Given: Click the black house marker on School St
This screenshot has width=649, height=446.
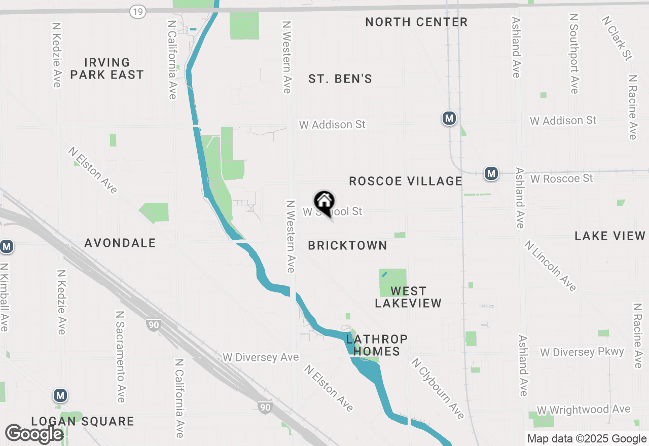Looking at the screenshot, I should (x=324, y=203).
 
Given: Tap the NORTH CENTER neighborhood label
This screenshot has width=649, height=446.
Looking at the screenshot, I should (x=416, y=22).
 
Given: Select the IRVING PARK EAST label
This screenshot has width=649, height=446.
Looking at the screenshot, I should (x=107, y=68).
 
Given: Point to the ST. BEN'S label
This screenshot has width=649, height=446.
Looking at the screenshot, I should (x=340, y=79).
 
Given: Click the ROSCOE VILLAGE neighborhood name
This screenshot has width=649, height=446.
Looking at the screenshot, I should (x=406, y=181).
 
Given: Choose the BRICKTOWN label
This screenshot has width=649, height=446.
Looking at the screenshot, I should (x=348, y=245).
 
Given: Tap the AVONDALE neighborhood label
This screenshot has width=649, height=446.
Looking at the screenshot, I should (x=120, y=243).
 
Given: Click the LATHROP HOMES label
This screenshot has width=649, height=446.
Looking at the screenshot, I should (x=377, y=345).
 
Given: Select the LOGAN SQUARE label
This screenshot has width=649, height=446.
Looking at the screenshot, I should (x=83, y=421).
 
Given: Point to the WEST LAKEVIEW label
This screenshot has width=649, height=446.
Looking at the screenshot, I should (x=408, y=297).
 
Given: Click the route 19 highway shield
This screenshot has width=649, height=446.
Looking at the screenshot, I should (x=137, y=11).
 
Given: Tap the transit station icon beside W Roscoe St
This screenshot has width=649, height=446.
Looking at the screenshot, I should (x=491, y=174).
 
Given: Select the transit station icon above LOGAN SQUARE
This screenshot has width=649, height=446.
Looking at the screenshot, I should (x=60, y=395).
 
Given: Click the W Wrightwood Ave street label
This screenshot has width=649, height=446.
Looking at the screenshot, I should (x=584, y=410).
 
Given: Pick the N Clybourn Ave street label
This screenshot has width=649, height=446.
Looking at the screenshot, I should (x=438, y=389).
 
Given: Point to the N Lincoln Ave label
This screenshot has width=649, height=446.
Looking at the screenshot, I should (x=551, y=266).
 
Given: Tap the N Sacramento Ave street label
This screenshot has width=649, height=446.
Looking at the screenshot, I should (x=120, y=357).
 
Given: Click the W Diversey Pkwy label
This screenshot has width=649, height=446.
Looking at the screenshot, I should (x=582, y=352).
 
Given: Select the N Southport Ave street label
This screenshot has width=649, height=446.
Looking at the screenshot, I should (x=574, y=53).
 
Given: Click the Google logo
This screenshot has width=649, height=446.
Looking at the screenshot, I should (x=34, y=434).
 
